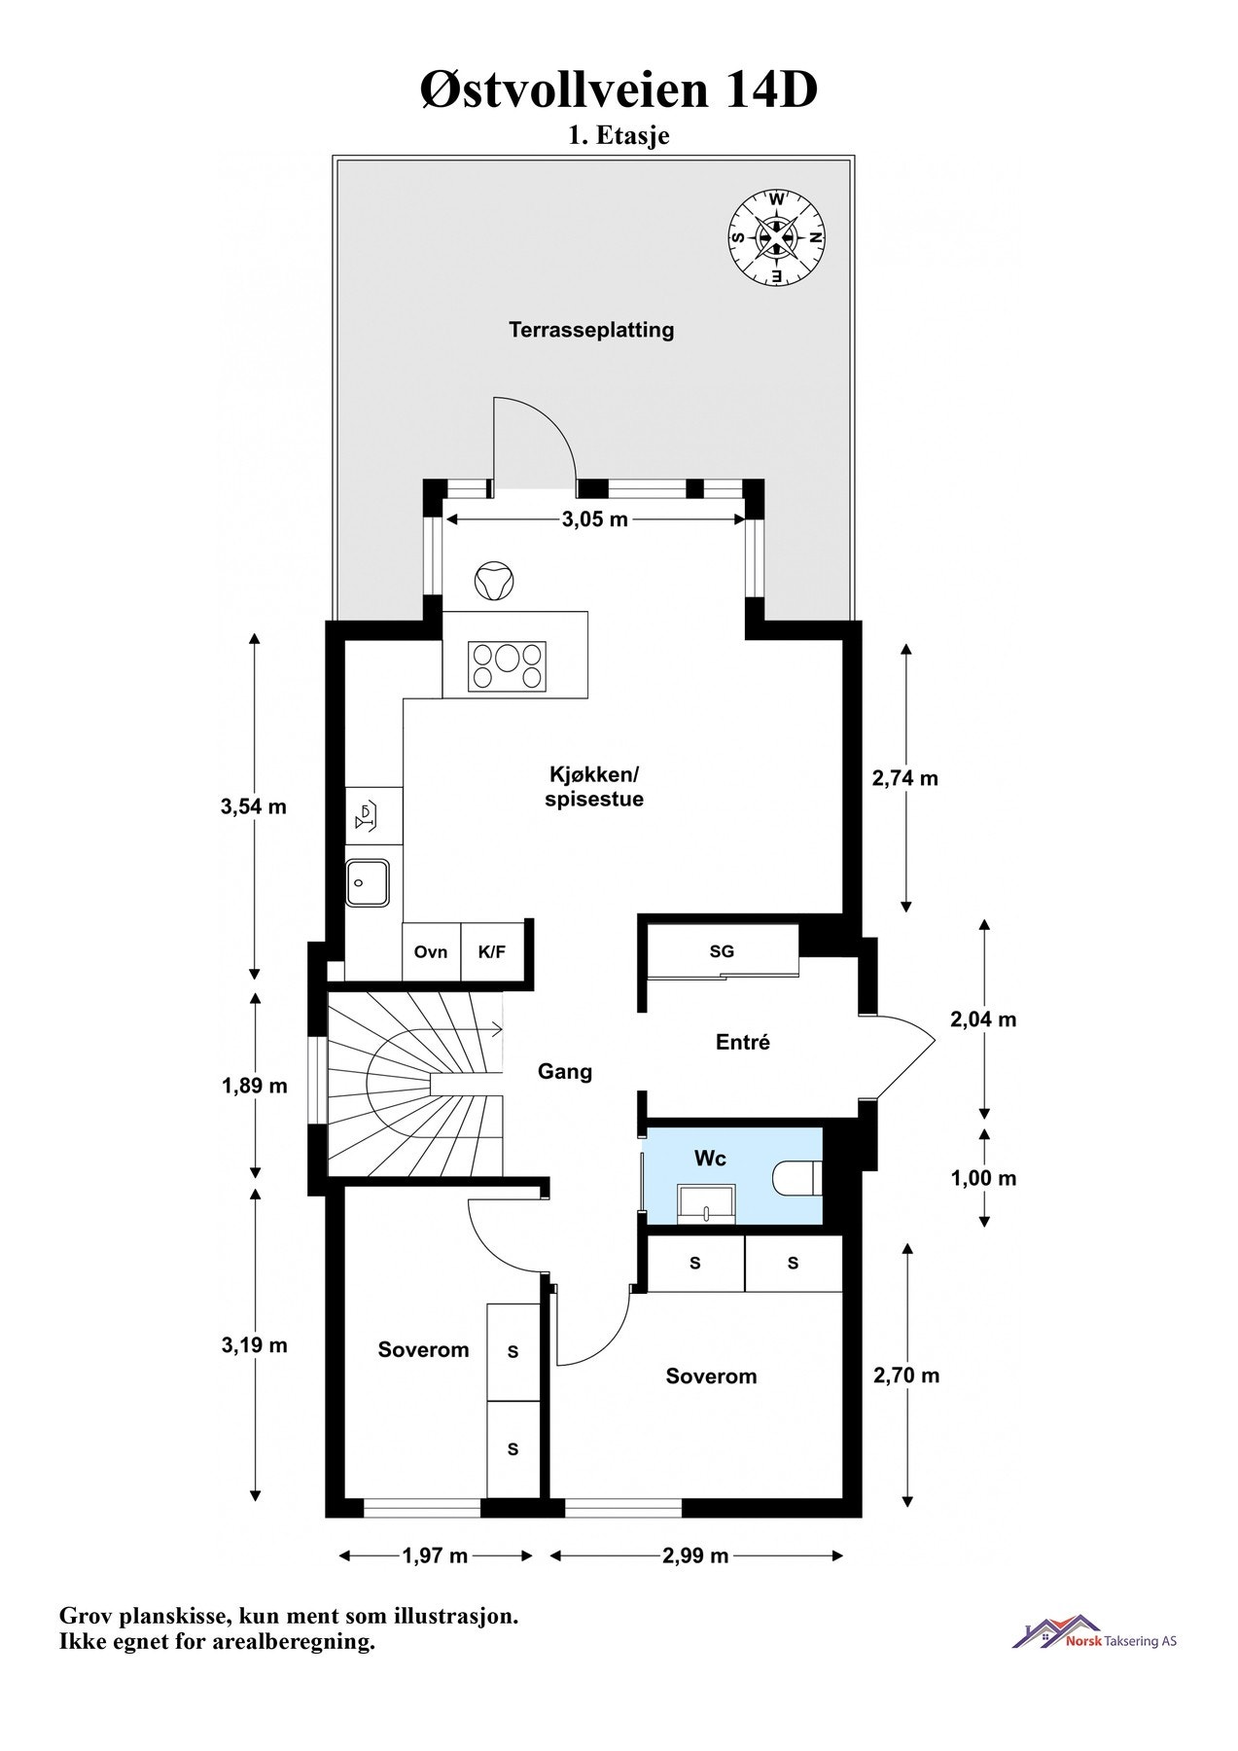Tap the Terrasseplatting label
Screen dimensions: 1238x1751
591,330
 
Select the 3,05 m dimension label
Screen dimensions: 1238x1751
595,519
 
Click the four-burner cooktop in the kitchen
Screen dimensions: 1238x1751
507,666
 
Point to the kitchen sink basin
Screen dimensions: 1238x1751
369,883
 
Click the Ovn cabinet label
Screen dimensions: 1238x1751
431,951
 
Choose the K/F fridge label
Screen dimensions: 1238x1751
492,951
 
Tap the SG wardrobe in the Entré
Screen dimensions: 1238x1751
722,951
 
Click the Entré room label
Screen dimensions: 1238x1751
743,1042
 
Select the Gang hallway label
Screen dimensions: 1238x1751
565,1072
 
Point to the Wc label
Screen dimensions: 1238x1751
710,1159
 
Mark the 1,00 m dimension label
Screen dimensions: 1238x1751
983,1178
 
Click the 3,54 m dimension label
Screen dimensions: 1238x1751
254,806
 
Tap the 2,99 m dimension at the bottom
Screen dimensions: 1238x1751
695,1555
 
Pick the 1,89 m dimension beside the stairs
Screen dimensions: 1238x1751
255,1086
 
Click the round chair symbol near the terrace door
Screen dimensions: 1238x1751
493,580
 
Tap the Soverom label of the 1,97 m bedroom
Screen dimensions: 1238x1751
423,1349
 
